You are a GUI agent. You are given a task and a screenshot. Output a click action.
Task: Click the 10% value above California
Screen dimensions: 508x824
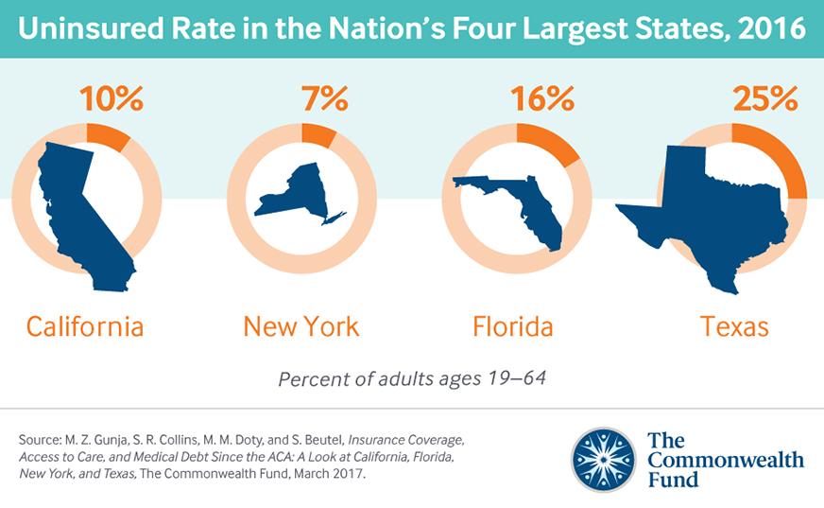[112, 99]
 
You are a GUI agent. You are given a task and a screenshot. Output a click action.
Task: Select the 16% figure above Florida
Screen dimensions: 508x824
[542, 98]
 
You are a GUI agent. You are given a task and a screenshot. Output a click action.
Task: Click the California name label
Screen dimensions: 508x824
[85, 327]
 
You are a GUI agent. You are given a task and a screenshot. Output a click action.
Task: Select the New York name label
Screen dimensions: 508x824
[300, 327]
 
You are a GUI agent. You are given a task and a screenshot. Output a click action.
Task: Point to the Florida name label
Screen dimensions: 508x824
[512, 327]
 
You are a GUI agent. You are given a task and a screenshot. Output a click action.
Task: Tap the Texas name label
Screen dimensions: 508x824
[734, 327]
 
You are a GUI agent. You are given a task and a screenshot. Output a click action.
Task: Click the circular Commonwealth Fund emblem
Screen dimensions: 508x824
[603, 460]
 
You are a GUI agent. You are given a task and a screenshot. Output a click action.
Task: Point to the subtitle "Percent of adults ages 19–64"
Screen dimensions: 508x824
[411, 380]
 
